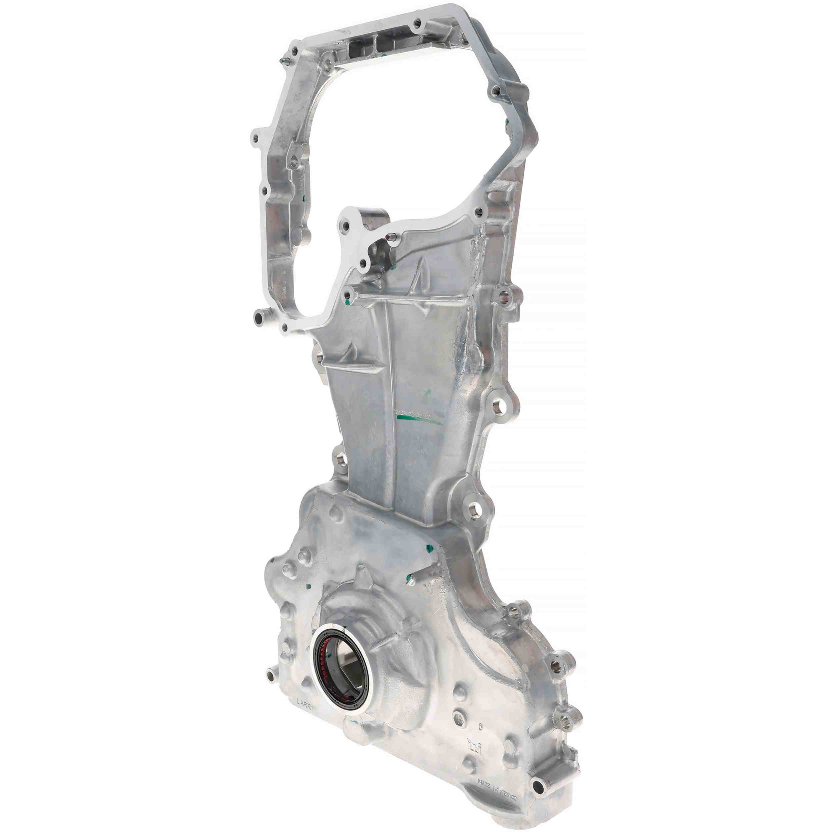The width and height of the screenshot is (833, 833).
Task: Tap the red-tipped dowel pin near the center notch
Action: (x=391, y=236)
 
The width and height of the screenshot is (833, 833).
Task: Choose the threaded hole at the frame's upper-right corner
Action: (x=496, y=91)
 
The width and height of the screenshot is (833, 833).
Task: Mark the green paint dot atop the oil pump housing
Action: (x=428, y=549)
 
